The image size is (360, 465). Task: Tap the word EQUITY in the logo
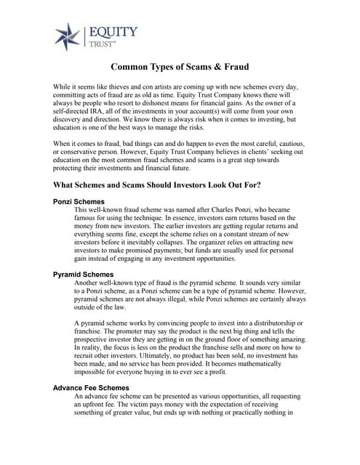point(113,31)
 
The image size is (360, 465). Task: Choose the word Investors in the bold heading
point(191,185)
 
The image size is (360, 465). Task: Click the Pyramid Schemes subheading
point(83,274)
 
